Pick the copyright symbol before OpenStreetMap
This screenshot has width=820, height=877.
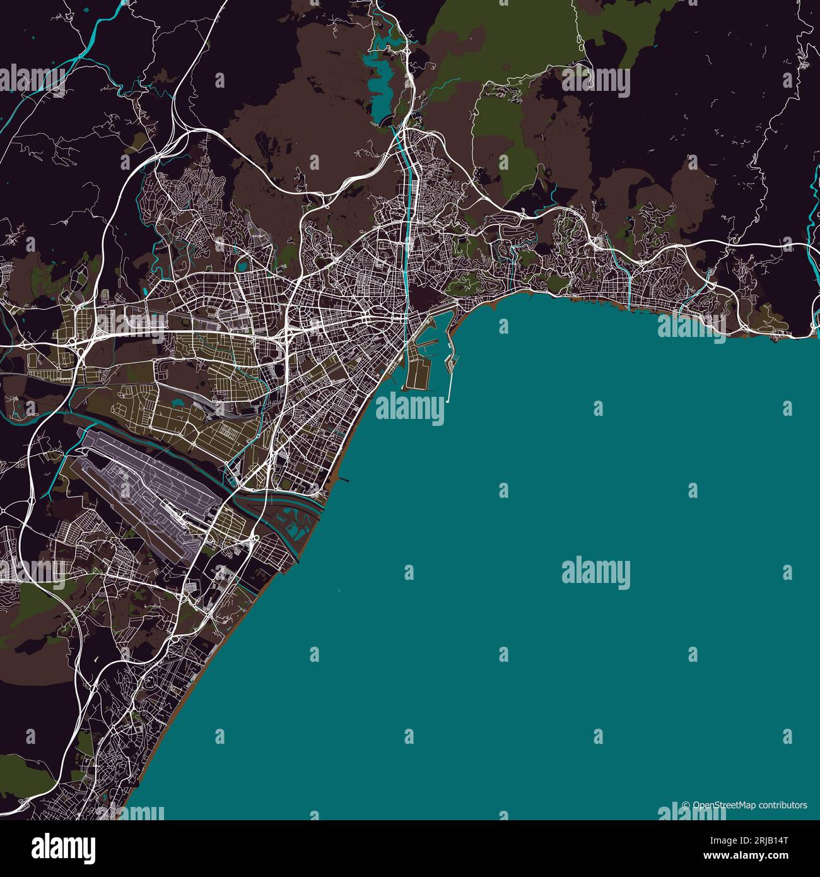click(x=686, y=806)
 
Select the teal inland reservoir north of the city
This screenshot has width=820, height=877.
click(x=380, y=88)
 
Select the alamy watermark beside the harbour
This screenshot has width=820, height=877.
click(x=410, y=409)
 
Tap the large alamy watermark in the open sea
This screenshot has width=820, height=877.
click(x=595, y=572)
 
